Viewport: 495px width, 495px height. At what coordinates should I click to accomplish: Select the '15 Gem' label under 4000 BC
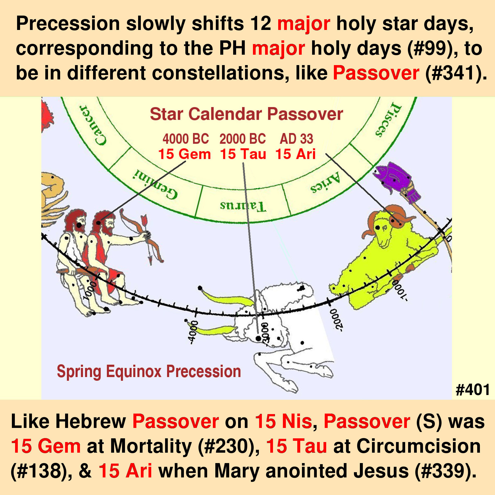184,154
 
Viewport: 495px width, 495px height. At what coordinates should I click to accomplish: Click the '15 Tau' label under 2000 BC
243,154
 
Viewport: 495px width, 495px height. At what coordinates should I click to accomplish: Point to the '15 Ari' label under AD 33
296,154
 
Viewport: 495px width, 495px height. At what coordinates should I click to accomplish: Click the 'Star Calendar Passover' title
247,114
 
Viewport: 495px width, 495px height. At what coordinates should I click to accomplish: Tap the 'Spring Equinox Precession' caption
149,371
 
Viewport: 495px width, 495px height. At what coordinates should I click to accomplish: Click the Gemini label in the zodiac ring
155,184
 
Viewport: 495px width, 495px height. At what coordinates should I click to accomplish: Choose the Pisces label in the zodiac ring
388,119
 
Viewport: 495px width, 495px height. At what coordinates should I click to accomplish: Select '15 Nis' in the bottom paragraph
283,421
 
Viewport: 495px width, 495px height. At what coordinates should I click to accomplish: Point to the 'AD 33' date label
297,139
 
